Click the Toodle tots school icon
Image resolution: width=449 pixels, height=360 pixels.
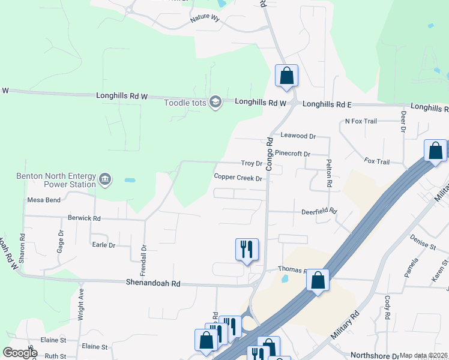215,103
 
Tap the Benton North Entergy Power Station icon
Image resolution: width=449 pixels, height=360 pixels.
105,179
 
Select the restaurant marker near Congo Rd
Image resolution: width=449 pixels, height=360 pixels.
247,249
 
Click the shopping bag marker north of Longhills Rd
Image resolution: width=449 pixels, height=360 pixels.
287,76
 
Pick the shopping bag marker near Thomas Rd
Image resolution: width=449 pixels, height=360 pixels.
318,280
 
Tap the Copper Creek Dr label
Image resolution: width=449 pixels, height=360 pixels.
238,178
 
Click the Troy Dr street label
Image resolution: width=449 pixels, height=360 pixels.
252,163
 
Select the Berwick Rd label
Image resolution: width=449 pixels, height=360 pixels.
84,218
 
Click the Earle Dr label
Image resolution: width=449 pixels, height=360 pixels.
103,245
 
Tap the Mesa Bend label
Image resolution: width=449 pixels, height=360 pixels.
44,200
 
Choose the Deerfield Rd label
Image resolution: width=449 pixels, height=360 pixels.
319,211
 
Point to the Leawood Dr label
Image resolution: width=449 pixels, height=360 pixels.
298,137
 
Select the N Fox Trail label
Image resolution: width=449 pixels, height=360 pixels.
361,121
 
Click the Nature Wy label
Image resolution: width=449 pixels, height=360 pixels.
205,19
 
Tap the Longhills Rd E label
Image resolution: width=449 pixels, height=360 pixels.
327,104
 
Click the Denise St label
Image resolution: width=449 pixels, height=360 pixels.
423,244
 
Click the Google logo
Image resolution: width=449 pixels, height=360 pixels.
20,353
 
